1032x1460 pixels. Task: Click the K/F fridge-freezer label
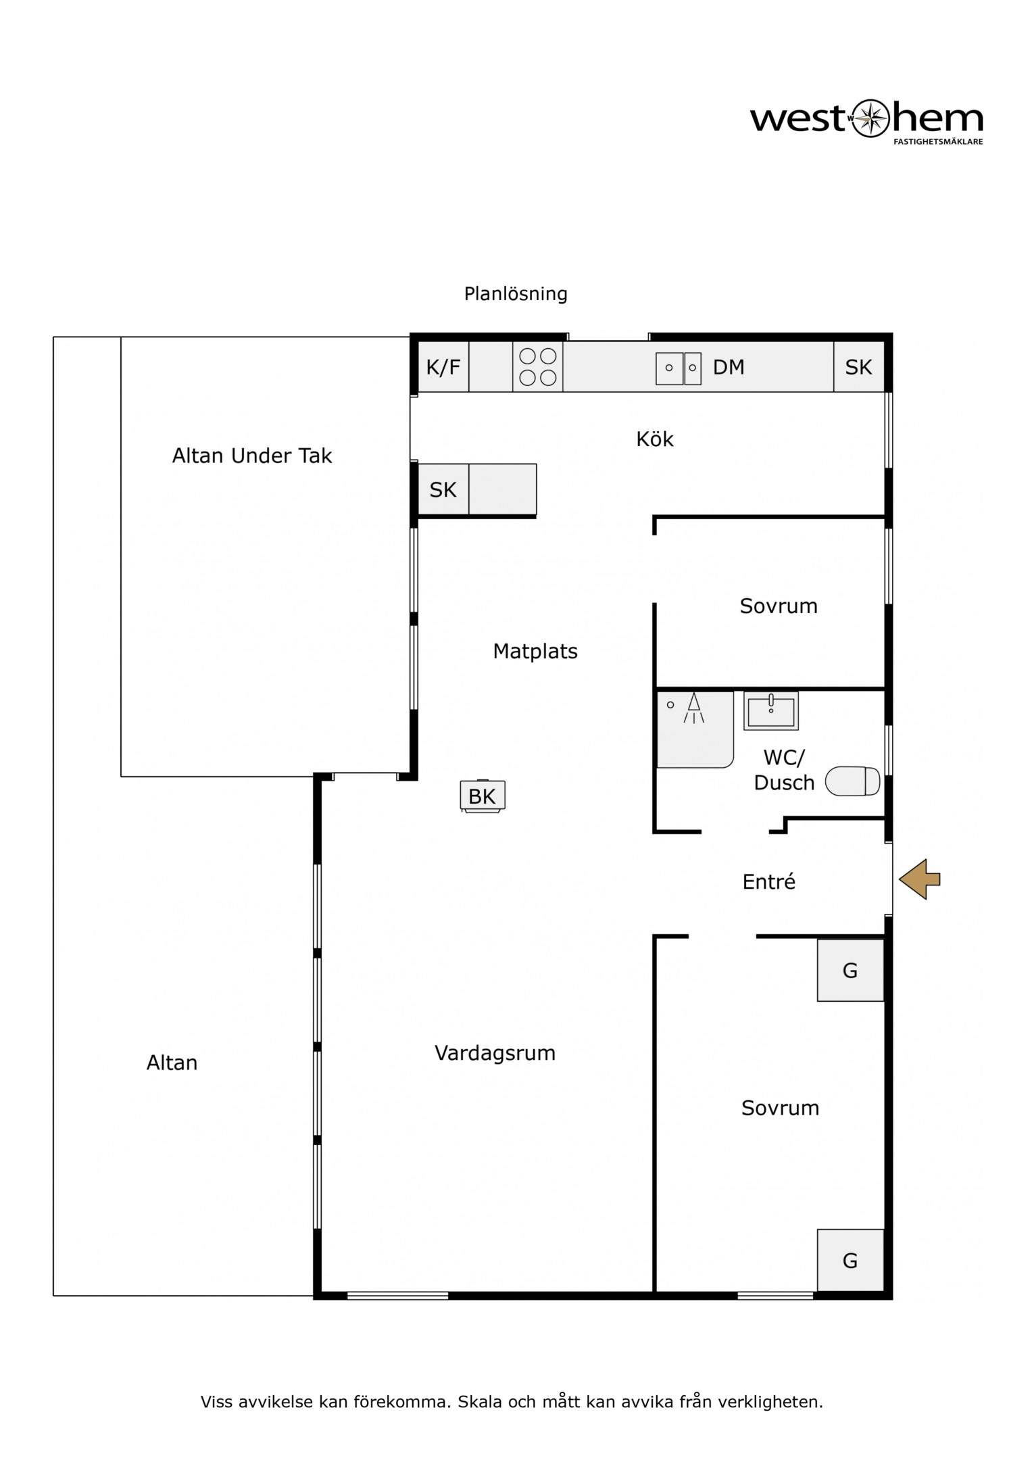[x=443, y=367]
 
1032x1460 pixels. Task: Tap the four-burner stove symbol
[x=538, y=367]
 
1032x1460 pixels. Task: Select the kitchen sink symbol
[x=679, y=368]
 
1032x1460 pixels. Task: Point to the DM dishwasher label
[x=729, y=367]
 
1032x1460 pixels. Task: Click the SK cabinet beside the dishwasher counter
[x=859, y=367]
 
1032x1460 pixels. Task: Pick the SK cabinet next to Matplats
[x=443, y=489]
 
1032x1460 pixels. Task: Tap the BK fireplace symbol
[x=483, y=796]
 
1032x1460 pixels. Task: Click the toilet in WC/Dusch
[x=854, y=781]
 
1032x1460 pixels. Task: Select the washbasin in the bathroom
[x=771, y=710]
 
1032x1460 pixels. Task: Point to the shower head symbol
[x=693, y=708]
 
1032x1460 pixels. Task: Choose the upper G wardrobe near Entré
[x=850, y=970]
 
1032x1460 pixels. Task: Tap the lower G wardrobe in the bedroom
[x=850, y=1260]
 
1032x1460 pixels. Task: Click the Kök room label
[x=655, y=439]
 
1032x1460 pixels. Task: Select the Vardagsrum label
[x=495, y=1053]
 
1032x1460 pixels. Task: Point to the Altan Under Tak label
[x=252, y=456]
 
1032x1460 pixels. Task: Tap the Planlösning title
[x=516, y=294]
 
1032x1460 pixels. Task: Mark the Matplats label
[x=535, y=651]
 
